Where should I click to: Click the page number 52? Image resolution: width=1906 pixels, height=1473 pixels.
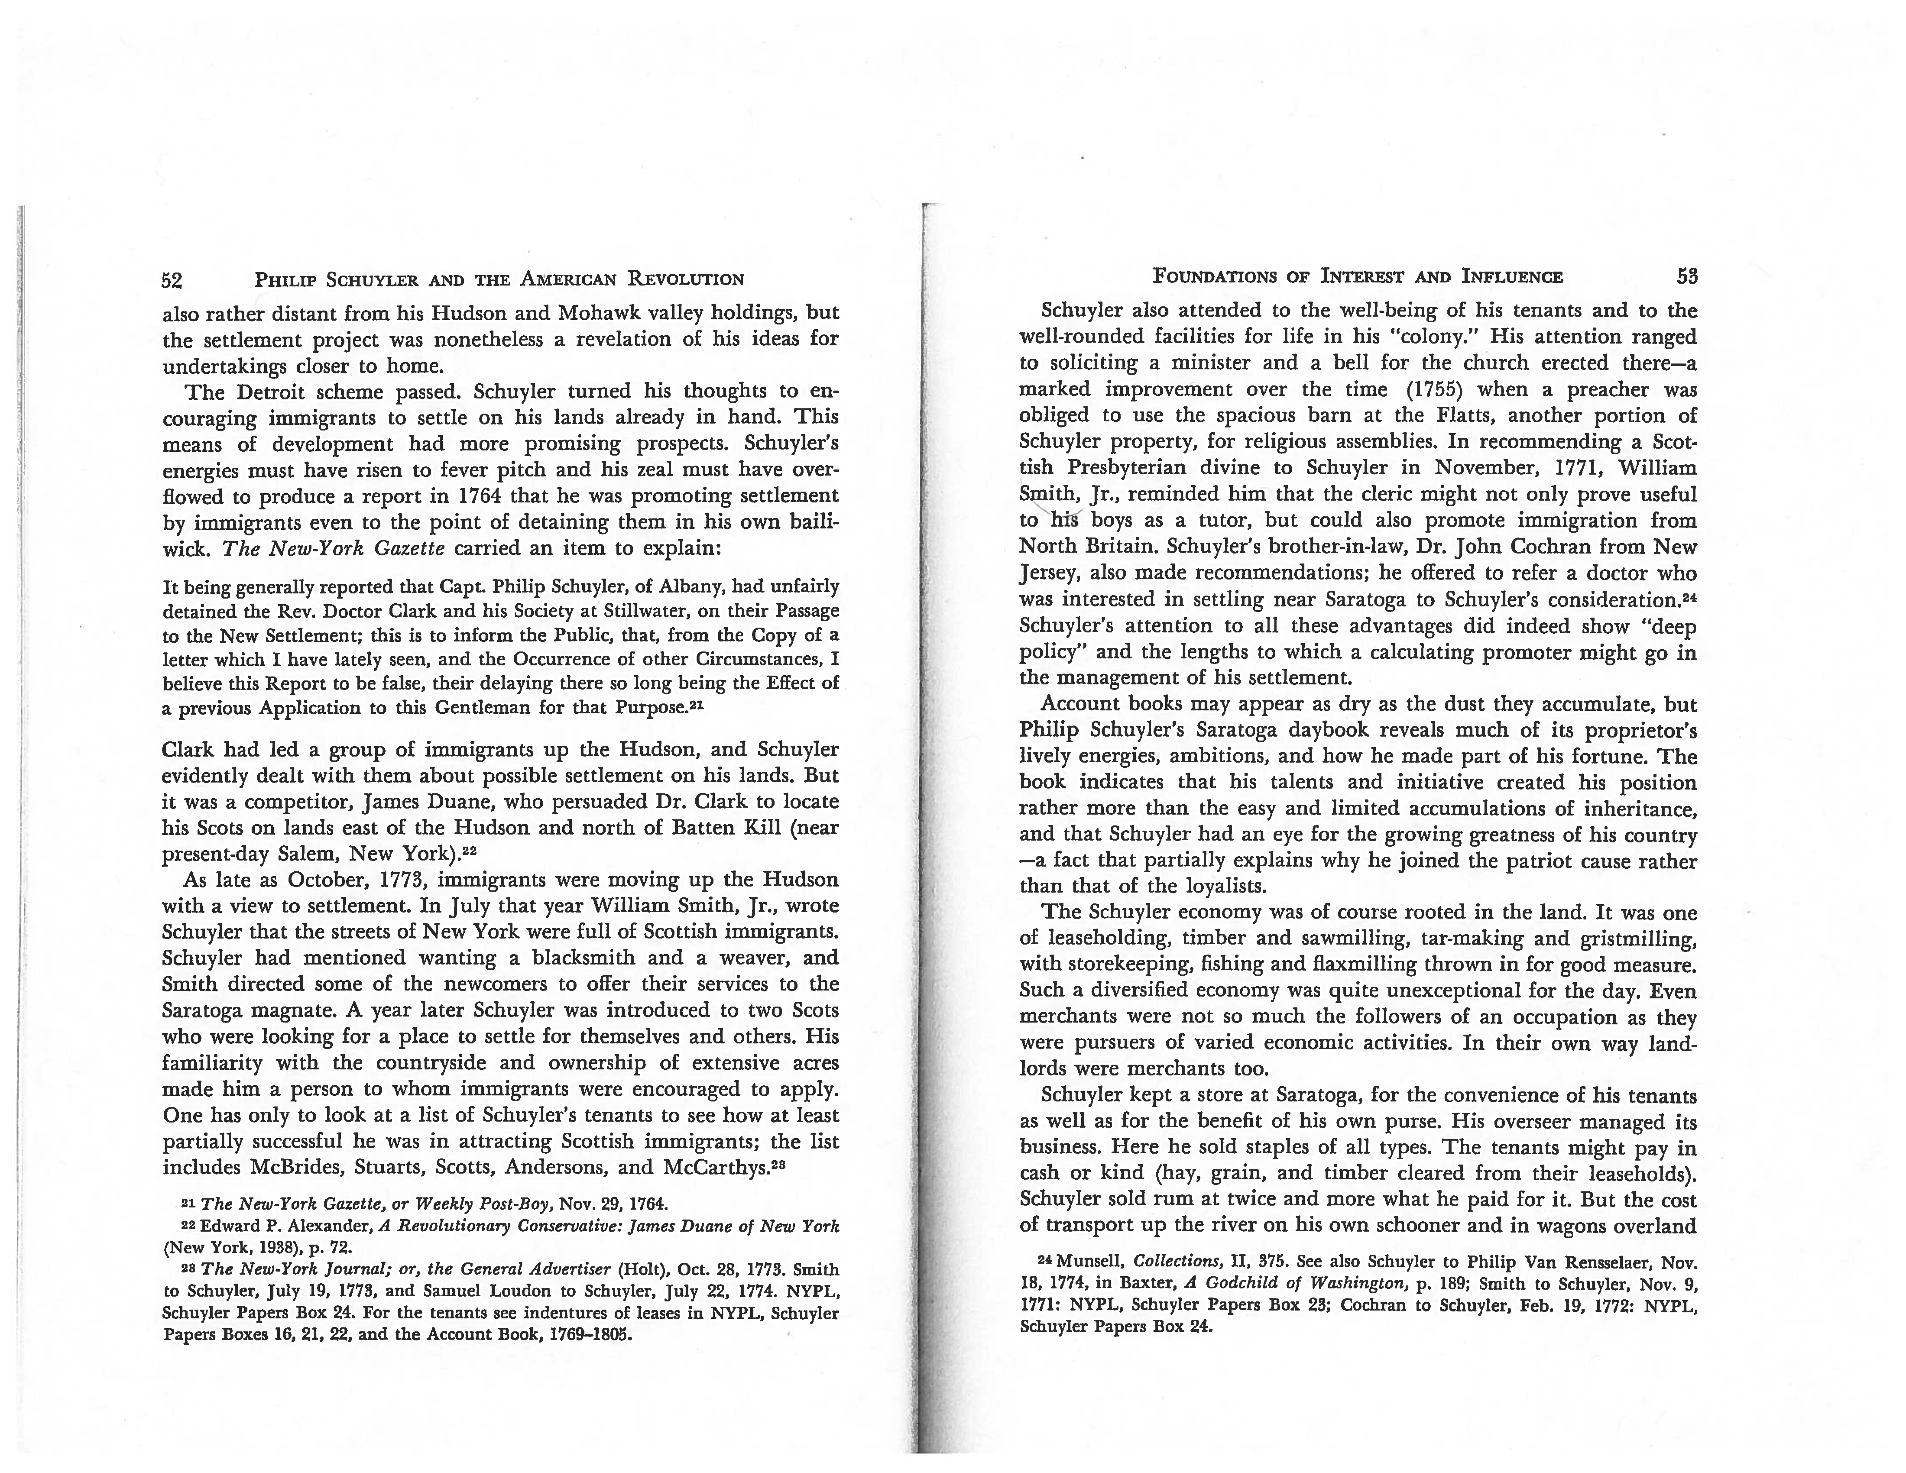point(172,280)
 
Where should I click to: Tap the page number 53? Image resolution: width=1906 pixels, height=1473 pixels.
point(1686,278)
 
